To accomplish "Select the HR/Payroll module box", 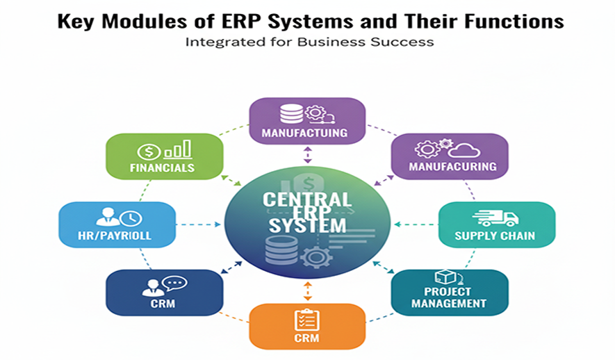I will pos(117,224).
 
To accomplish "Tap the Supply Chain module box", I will pos(496,224).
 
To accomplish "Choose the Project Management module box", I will pos(449,293).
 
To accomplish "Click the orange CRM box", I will pos(306,326).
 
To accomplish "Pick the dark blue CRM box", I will pos(164,293).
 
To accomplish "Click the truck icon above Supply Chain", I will pos(495,218).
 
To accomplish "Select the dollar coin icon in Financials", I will pos(149,151).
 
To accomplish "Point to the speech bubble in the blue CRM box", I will pos(174,283).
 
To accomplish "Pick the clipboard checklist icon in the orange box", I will pos(307,319).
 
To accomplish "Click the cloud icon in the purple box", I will pos(464,149).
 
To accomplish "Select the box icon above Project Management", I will pos(444,278).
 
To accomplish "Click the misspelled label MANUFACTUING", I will pos(307,132).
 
